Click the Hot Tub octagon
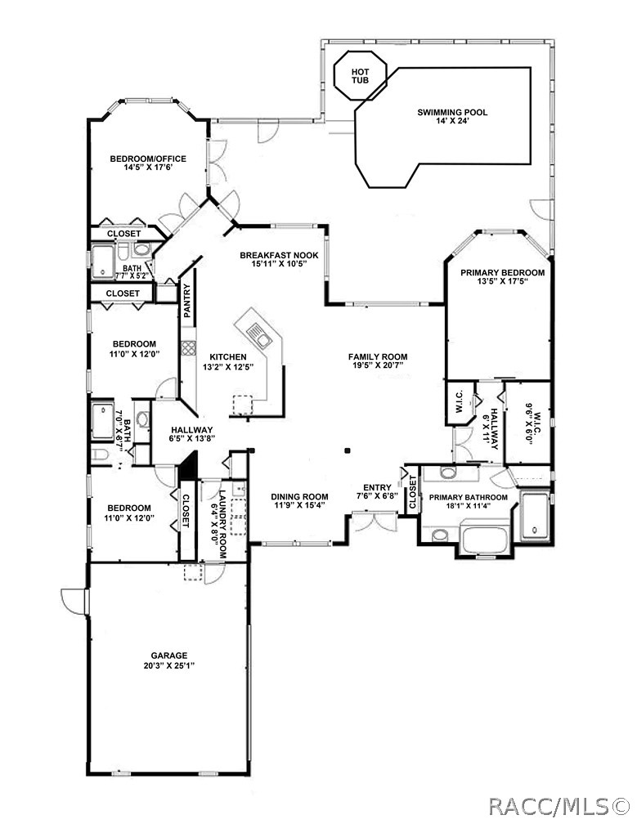pyautogui.click(x=359, y=75)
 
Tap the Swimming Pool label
pyautogui.click(x=452, y=113)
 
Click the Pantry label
pyautogui.click(x=187, y=300)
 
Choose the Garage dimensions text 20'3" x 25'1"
pyautogui.click(x=168, y=665)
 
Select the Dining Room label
pyautogui.click(x=299, y=496)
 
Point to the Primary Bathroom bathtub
pyautogui.click(x=487, y=540)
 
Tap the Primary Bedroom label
pyautogui.click(x=502, y=272)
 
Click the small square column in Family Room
pyautogui.click(x=347, y=450)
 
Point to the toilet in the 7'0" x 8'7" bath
pyautogui.click(x=97, y=455)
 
